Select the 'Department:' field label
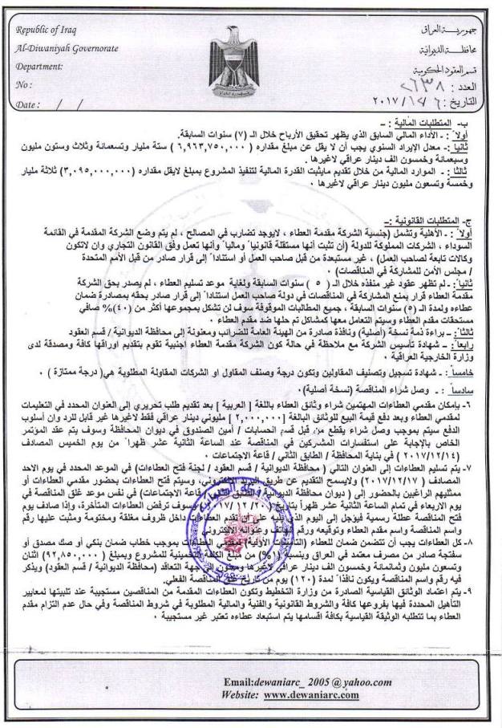[40, 67]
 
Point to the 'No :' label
[25, 85]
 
